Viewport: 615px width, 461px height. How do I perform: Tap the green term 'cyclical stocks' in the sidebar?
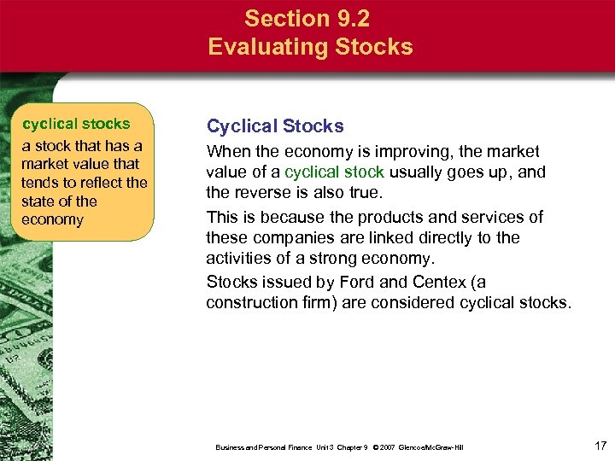coord(76,124)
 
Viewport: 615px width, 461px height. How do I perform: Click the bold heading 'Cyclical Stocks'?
coord(275,126)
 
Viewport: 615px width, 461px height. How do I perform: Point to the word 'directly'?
coord(460,237)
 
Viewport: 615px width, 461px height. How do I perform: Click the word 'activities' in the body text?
coord(240,258)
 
